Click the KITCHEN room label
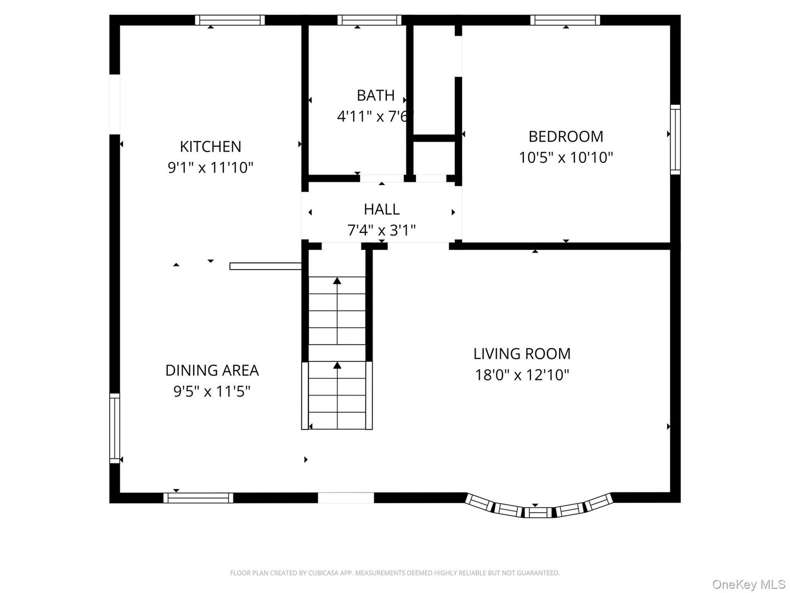point(211,147)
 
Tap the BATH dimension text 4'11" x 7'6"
point(375,116)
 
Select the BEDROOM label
point(566,136)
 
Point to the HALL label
point(381,209)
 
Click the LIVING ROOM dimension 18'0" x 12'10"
point(522,375)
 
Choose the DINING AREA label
point(212,370)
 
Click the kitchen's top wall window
point(230,20)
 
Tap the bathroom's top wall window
point(370,20)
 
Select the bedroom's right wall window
point(675,139)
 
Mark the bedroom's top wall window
point(565,20)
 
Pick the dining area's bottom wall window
point(198,498)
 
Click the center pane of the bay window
point(538,513)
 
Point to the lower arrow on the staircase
point(337,366)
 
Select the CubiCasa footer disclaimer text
point(394,573)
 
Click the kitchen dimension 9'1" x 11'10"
point(211,167)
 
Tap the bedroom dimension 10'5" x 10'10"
point(566,158)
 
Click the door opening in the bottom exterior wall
point(346,498)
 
